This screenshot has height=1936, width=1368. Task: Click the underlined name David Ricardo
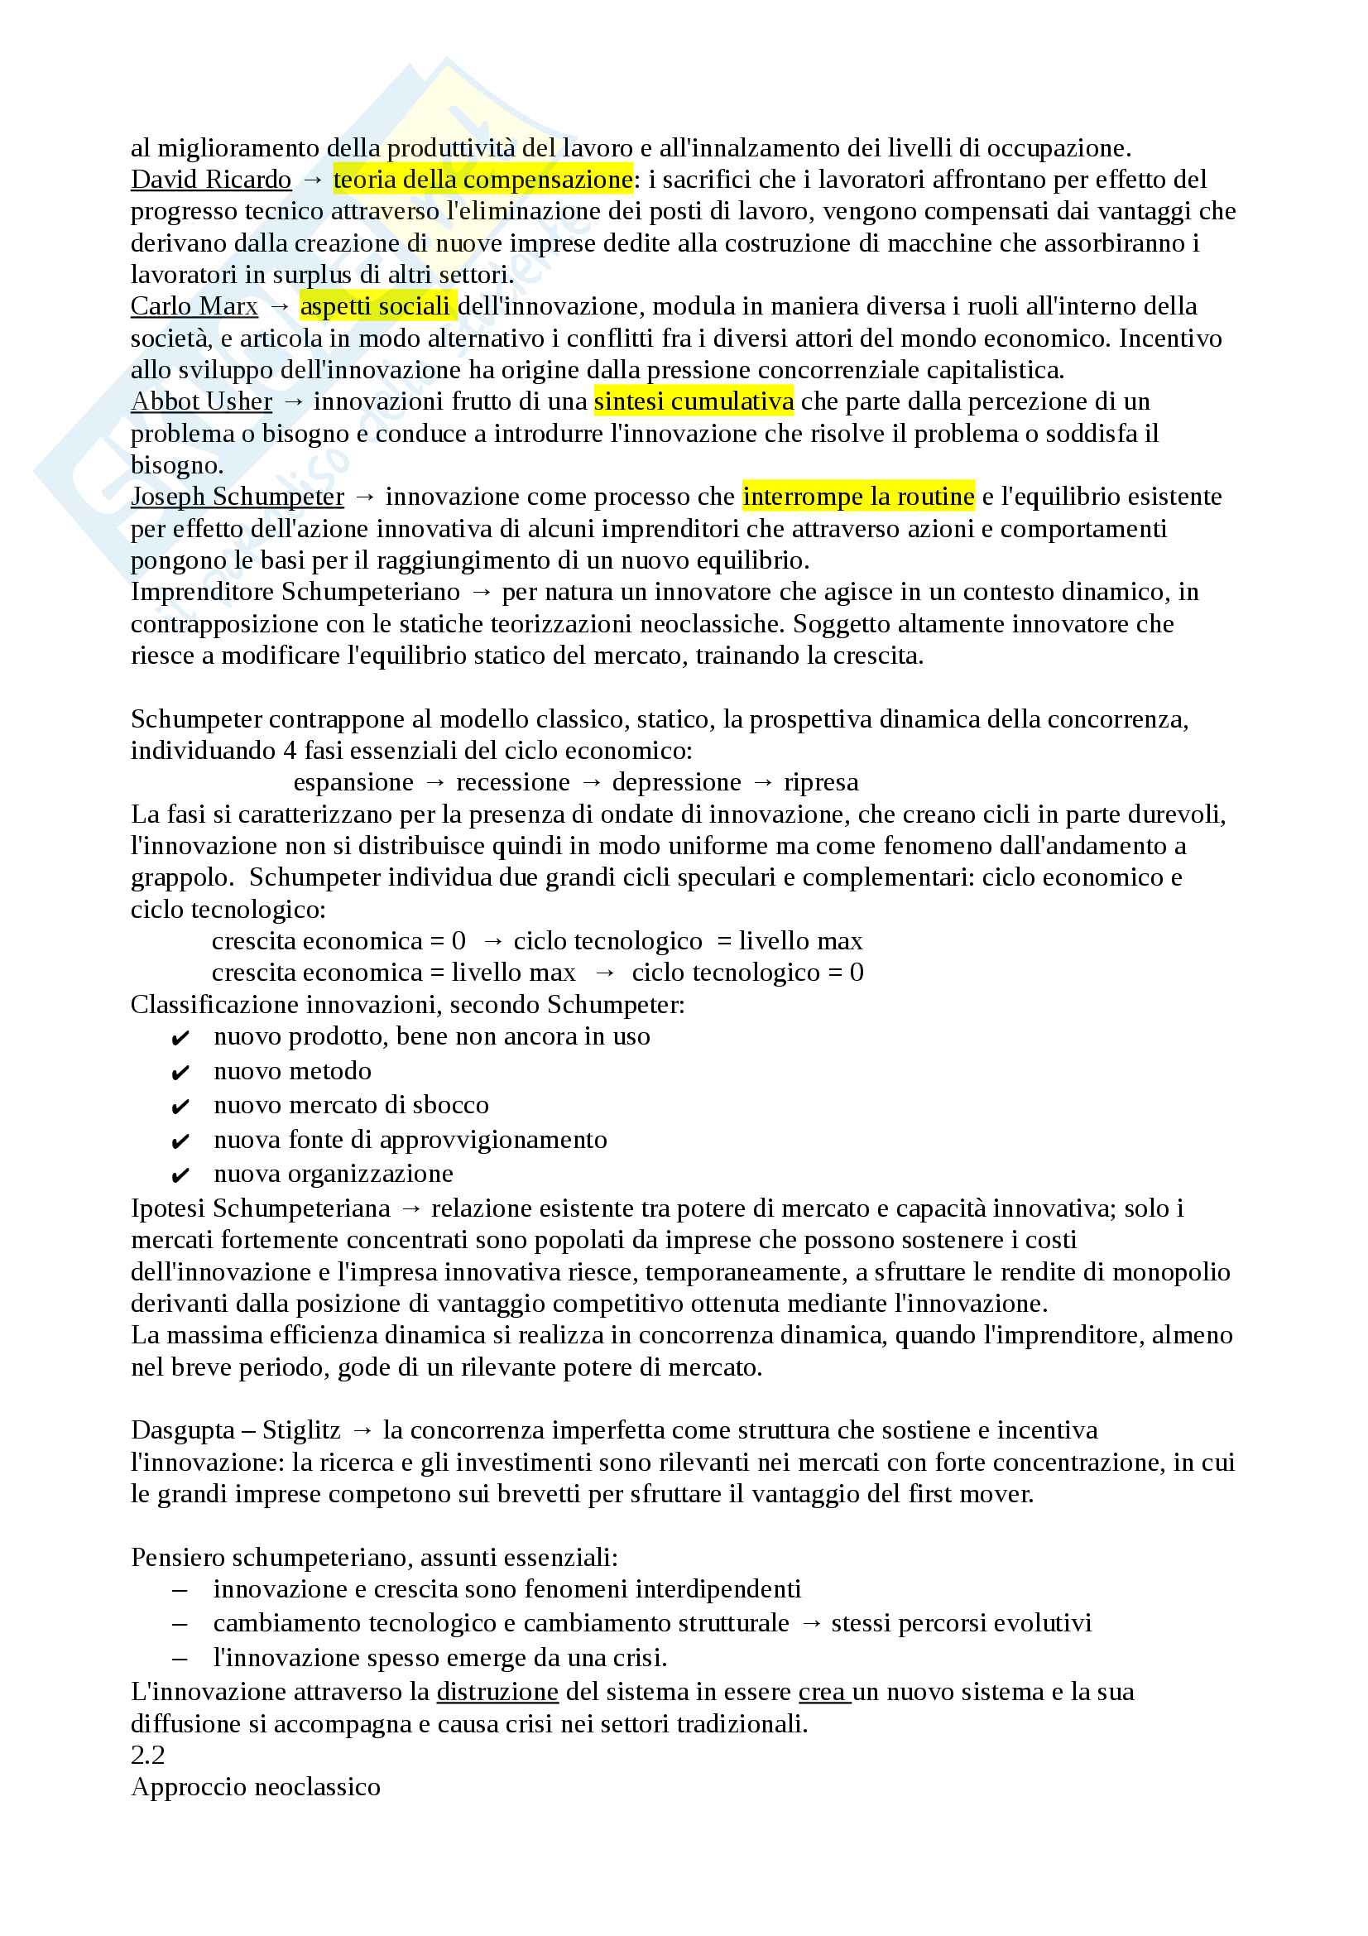(211, 180)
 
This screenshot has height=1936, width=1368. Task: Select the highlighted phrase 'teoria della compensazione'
(482, 180)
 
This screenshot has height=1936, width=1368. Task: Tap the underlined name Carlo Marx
(194, 306)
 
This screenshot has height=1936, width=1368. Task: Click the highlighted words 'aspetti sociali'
(375, 306)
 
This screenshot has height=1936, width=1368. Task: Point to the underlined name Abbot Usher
(201, 401)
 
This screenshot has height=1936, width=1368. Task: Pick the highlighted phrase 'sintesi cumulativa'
(693, 401)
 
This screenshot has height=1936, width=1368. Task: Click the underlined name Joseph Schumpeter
(237, 497)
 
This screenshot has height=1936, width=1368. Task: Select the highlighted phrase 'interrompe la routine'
(857, 497)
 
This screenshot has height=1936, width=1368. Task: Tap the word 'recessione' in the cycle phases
(512, 782)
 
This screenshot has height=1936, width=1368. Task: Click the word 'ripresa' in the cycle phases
(821, 782)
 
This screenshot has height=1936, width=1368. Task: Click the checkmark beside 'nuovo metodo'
(180, 1074)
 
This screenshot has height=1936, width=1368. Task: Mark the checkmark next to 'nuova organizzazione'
(180, 1176)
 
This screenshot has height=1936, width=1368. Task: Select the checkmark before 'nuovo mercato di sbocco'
(180, 1107)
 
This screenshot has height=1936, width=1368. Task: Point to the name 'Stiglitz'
(301, 1430)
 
